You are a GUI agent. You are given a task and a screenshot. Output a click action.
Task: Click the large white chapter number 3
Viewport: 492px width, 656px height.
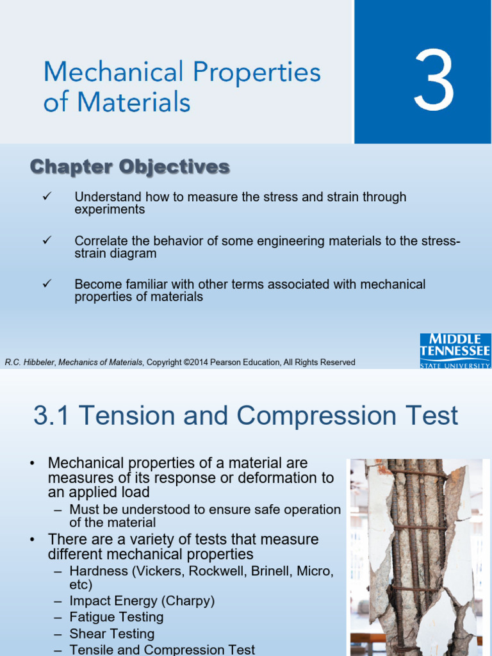434,80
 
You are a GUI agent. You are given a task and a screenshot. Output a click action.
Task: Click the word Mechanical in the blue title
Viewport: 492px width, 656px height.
113,72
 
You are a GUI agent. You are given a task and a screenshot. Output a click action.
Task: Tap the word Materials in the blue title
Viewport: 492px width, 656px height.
134,102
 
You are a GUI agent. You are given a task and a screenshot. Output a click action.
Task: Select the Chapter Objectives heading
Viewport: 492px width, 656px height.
130,167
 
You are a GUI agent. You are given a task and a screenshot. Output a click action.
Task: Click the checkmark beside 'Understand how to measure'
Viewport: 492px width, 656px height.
47,196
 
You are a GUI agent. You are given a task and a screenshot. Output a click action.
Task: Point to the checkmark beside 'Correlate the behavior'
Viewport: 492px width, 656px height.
47,240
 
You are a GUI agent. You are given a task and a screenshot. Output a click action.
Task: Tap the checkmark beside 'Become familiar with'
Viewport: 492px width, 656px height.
47,284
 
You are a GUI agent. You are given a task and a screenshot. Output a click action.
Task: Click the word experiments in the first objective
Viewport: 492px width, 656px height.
110,209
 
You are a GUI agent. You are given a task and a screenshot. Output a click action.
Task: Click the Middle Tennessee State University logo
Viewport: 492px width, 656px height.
455,350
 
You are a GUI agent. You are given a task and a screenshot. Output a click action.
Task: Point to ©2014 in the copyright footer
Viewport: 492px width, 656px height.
196,363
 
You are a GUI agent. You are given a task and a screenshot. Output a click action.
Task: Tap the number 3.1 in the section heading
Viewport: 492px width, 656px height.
51,415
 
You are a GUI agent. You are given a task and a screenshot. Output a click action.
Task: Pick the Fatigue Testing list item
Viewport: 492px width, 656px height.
117,617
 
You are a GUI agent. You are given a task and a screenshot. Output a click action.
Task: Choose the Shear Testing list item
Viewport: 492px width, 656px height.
112,634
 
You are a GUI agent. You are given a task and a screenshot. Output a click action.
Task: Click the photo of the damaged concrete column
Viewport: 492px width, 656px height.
416,557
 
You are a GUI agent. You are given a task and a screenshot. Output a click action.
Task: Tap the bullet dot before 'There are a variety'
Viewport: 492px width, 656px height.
32,540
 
